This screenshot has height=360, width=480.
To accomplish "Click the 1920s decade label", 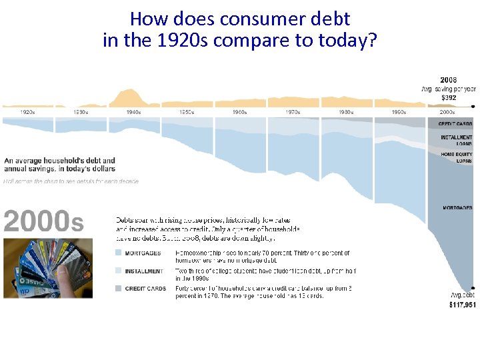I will (27, 112).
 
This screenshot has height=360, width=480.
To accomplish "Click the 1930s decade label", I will (80, 112).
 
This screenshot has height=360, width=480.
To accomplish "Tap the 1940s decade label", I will (133, 112).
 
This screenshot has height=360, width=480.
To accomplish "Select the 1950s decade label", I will (186, 112).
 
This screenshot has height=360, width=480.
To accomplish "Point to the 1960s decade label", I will (239, 112).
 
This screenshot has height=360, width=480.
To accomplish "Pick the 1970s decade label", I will (293, 112).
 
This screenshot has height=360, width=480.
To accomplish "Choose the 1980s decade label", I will (345, 112).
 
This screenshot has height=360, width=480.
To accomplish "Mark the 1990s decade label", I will (399, 112).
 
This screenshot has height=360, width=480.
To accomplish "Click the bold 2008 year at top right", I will (448, 80).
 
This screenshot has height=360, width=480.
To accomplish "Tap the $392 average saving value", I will (448, 97).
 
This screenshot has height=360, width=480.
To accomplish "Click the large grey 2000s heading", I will (44, 221).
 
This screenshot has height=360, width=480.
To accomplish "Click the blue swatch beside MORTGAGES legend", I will (119, 253).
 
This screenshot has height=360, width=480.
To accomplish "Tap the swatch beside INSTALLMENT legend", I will (119, 271).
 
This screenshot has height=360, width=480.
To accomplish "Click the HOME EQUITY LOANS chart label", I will (456, 157).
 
